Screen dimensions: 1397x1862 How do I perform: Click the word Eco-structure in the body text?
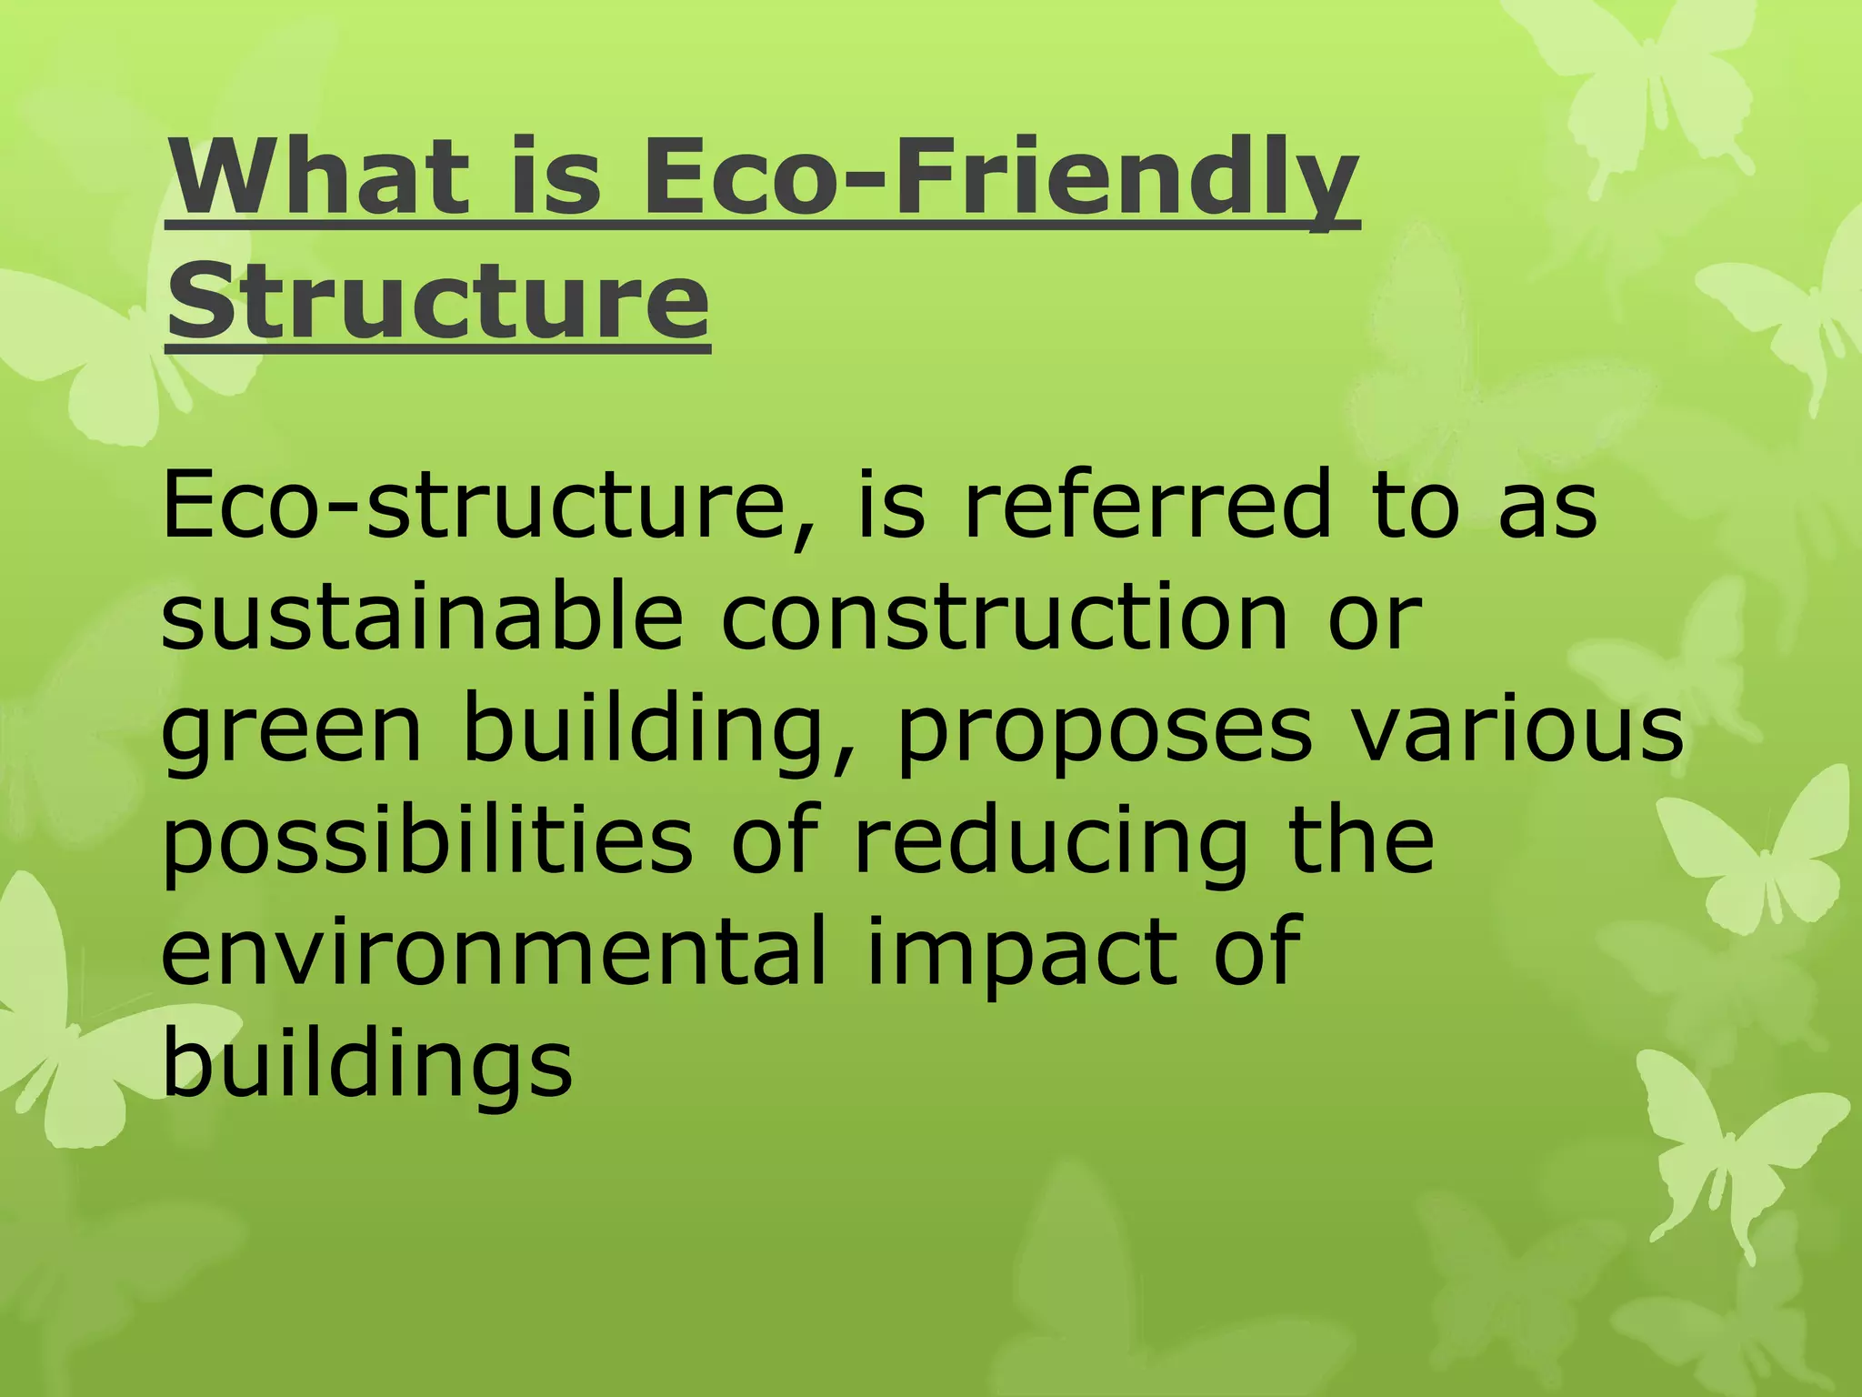(473, 506)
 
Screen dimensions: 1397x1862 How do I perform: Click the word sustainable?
(422, 617)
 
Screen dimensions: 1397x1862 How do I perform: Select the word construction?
(1004, 617)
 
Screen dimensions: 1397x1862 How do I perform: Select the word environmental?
(495, 950)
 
